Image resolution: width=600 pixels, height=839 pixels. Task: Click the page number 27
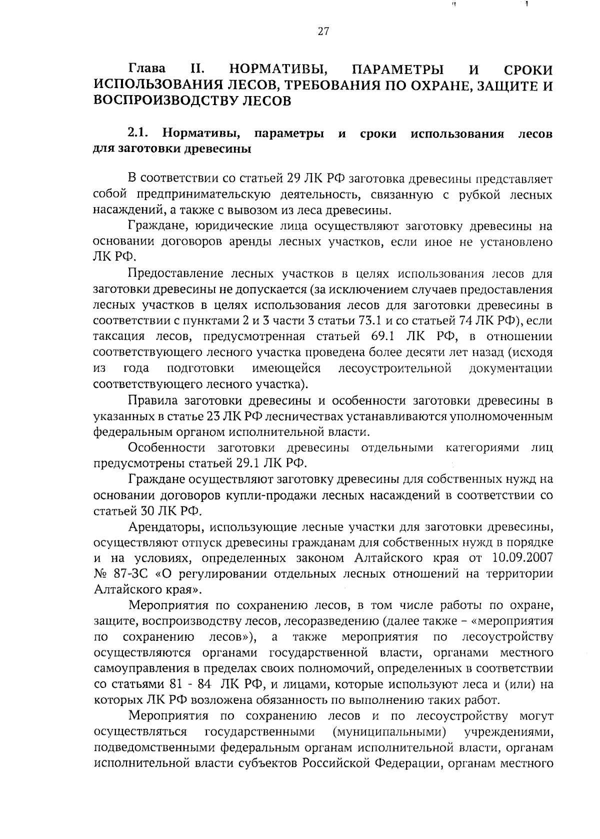(322, 32)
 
